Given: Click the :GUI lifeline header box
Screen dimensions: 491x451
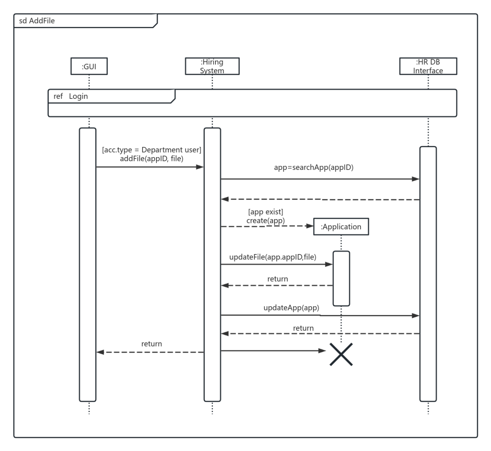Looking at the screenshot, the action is (89, 66).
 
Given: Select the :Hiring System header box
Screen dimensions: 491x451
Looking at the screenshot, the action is (212, 66).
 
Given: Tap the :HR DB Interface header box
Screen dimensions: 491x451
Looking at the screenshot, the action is (428, 66).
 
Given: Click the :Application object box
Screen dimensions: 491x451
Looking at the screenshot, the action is (341, 227).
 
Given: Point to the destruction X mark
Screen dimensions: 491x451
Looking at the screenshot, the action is (341, 354).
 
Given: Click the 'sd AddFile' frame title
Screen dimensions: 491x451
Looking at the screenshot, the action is (37, 21).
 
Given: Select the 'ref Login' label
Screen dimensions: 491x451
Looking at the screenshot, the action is (71, 96).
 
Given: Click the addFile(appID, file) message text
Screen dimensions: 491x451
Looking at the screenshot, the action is (152, 159).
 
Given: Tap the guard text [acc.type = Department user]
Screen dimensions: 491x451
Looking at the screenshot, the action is (152, 150).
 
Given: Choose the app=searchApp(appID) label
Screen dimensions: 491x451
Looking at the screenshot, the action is (314, 167).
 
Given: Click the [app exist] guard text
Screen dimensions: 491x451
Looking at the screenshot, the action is (265, 212).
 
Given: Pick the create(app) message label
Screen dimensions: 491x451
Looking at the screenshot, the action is (265, 221).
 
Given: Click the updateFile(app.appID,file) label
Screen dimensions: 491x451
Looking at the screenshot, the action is (273, 257).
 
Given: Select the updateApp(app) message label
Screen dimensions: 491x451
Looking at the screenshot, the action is (291, 307).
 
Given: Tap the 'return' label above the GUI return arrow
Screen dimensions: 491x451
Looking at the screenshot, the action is (152, 344).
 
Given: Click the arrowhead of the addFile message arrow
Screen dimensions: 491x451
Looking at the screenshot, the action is (200, 167).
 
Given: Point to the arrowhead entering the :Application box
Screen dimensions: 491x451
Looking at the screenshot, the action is (310, 226).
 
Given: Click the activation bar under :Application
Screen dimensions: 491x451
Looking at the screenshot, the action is (341, 278).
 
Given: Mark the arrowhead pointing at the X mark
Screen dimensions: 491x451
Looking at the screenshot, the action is (322, 351).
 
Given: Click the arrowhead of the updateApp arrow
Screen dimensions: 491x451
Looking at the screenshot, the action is (415, 316).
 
